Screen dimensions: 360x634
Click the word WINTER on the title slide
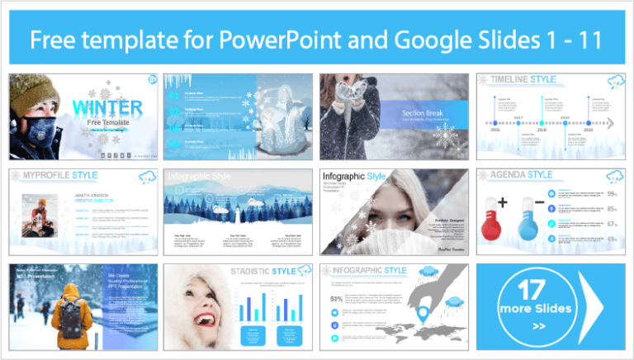click(x=106, y=108)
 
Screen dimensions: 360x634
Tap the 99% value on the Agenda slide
click(x=612, y=194)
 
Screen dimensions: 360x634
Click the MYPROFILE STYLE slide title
click(x=59, y=176)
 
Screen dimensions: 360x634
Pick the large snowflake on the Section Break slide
click(x=447, y=135)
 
